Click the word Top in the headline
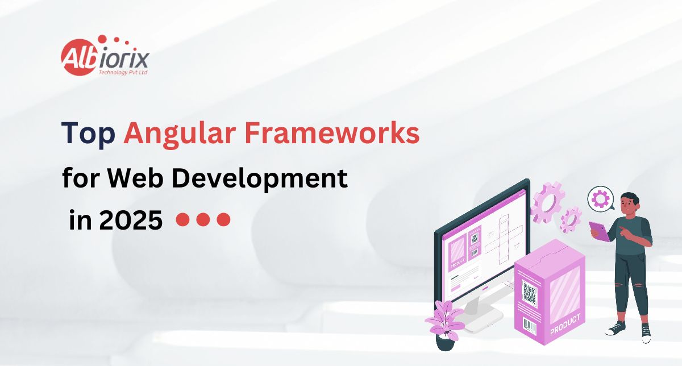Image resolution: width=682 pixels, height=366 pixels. tap(88, 135)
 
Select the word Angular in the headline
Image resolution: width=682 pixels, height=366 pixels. tap(180, 135)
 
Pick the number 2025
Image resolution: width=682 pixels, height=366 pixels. tap(131, 220)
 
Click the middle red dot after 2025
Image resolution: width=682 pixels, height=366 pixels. tap(203, 219)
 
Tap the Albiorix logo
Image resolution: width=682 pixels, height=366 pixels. tap(105, 56)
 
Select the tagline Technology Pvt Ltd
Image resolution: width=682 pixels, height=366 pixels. tap(123, 73)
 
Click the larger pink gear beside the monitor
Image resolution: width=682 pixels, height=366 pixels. tap(547, 202)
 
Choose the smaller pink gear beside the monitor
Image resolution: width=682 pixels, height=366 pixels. tap(570, 220)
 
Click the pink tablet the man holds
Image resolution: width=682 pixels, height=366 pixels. tap(599, 231)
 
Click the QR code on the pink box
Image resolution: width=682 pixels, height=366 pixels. tap(529, 292)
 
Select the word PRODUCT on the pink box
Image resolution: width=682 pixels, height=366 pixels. tap(565, 325)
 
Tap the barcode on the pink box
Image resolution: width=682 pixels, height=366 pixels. tap(530, 326)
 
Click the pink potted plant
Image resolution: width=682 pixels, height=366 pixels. tap(445, 325)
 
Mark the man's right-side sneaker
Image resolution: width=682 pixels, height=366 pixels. tap(646, 334)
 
